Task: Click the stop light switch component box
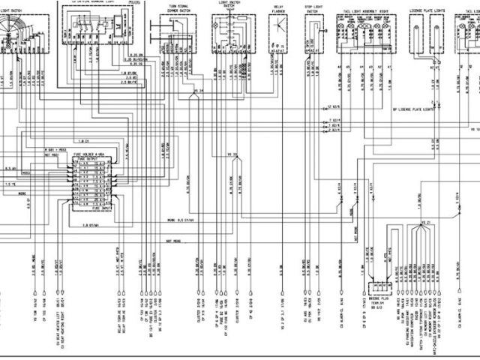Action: click(313, 33)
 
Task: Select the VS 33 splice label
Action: click(233, 154)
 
